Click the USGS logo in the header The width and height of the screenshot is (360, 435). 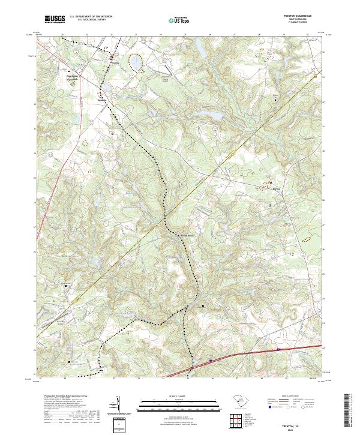[x=55, y=19]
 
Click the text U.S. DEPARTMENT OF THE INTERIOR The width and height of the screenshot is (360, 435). [x=91, y=16]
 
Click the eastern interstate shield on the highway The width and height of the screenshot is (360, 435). [x=278, y=348]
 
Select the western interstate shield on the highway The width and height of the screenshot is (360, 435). [x=211, y=360]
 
